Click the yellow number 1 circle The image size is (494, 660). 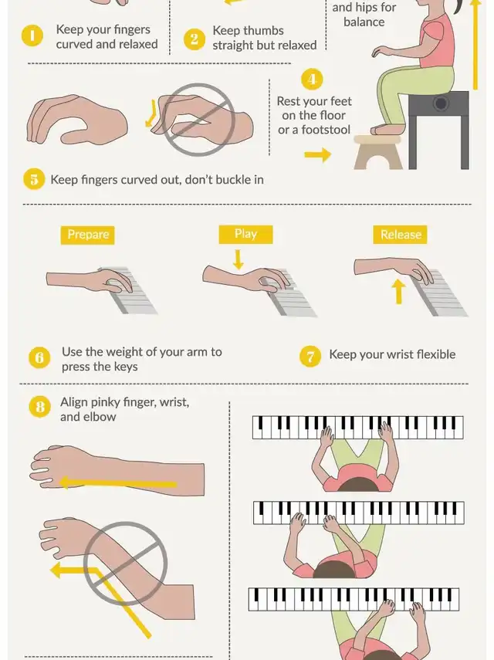click(x=32, y=36)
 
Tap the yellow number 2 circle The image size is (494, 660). click(x=194, y=39)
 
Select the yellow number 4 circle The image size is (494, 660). click(x=312, y=80)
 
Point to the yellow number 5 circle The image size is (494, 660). click(x=34, y=179)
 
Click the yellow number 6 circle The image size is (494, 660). click(x=39, y=357)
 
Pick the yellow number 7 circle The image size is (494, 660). click(x=310, y=357)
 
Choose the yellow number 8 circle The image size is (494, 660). click(x=39, y=407)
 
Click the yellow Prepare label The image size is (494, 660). click(x=87, y=235)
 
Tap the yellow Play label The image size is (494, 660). click(x=245, y=234)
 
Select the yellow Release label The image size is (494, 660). click(x=400, y=235)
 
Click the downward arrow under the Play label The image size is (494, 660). click(x=239, y=259)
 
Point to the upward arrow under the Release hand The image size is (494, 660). click(x=398, y=292)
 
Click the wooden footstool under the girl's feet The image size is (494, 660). click(x=377, y=152)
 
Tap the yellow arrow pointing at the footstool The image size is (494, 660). click(x=318, y=154)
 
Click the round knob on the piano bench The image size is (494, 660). click(x=441, y=103)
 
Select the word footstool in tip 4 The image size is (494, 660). click(x=325, y=130)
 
